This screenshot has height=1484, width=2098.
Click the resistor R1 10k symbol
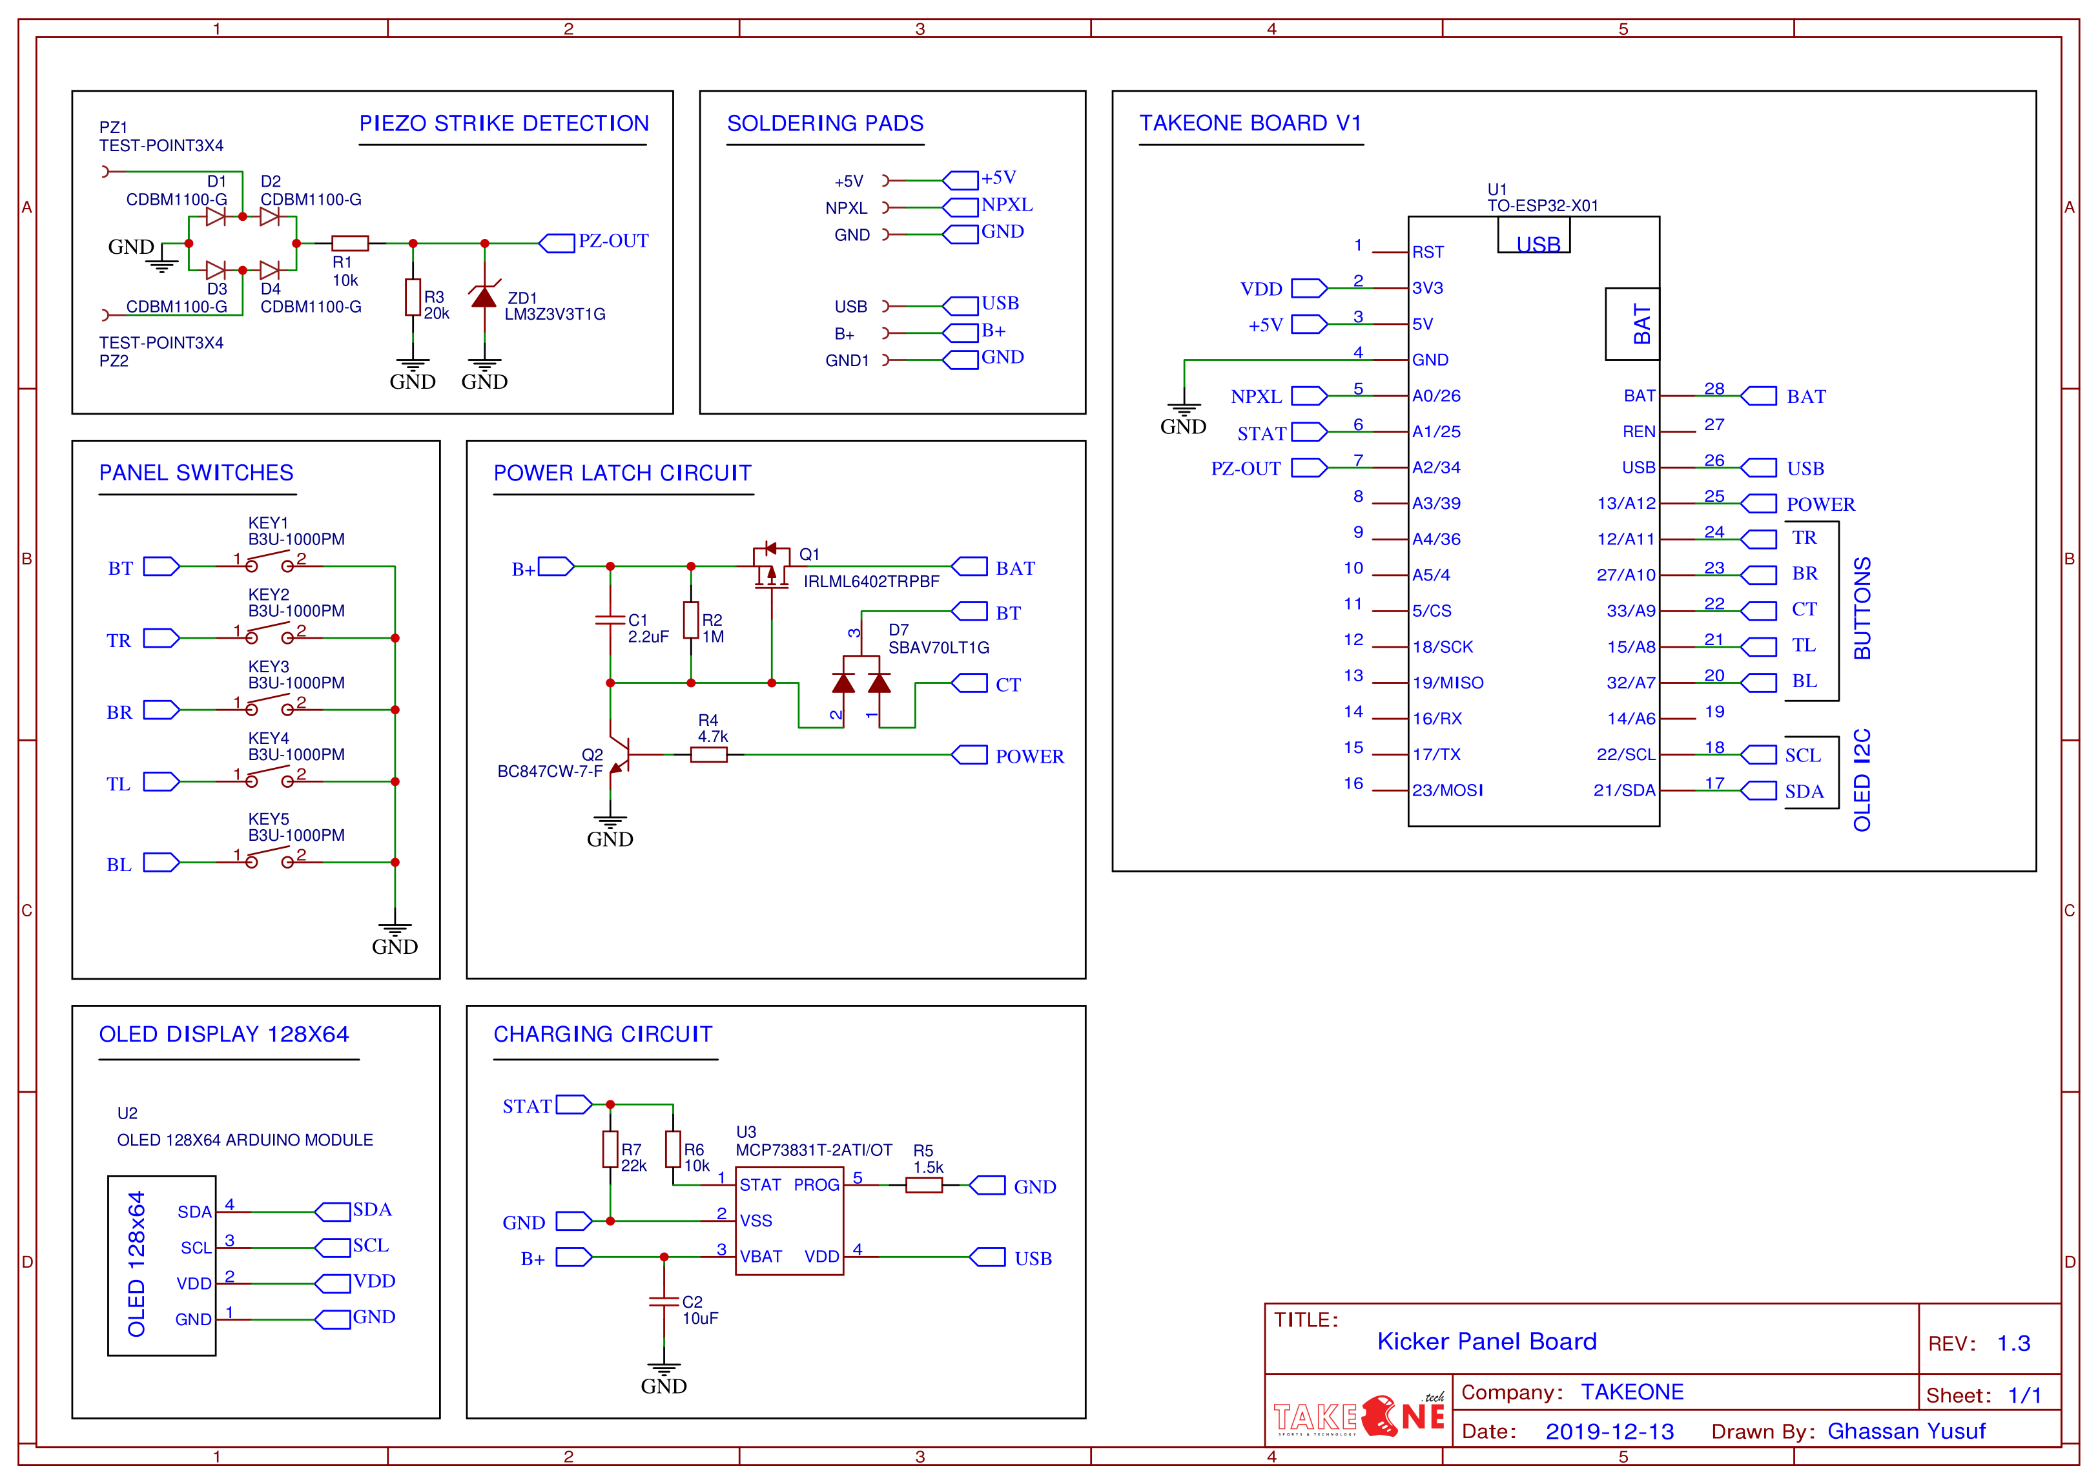pos(350,243)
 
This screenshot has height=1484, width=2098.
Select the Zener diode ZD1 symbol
pos(484,295)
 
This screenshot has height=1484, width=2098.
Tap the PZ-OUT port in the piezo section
pos(557,243)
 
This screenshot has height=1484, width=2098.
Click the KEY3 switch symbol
pos(269,706)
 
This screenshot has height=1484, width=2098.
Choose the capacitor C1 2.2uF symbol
pos(610,621)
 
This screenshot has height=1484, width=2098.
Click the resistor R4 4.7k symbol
pos(708,755)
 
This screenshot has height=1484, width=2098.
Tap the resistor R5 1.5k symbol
pos(924,1185)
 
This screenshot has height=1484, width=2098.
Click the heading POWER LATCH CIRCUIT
pos(622,473)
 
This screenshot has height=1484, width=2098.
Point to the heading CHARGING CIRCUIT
pos(603,1035)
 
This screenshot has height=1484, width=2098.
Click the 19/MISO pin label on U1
pos(1447,683)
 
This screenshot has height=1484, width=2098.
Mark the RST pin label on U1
pos(1427,252)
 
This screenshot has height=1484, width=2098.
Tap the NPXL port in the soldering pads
pos(960,207)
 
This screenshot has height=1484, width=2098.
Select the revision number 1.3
pos(2013,1343)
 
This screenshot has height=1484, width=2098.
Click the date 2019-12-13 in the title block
pos(1609,1431)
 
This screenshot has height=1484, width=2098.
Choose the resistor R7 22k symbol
pos(610,1149)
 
